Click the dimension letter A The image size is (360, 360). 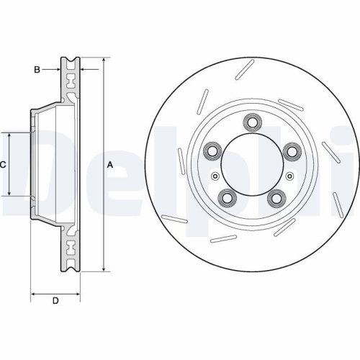(110, 164)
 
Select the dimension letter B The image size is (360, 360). (37, 69)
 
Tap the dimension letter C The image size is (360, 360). (3, 164)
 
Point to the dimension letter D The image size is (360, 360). (55, 301)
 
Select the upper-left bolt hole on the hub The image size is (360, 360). (213, 150)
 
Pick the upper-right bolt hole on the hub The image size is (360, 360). (292, 150)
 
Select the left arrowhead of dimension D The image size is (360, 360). (33, 294)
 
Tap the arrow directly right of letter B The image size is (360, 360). (58, 69)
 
